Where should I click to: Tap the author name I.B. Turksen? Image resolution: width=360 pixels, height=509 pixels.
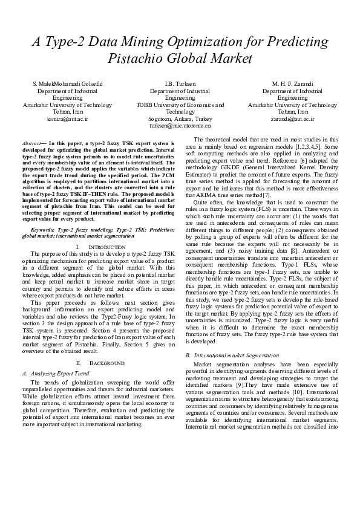pyautogui.click(x=180, y=83)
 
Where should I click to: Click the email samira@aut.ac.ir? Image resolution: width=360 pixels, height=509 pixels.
pyautogui.click(x=63, y=119)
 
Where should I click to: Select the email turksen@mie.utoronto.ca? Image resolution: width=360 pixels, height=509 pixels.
pyautogui.click(x=180, y=126)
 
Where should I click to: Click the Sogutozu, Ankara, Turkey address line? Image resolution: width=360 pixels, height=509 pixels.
pyautogui.click(x=180, y=119)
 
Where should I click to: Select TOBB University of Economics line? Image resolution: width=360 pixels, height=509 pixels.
pyautogui.click(x=180, y=105)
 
